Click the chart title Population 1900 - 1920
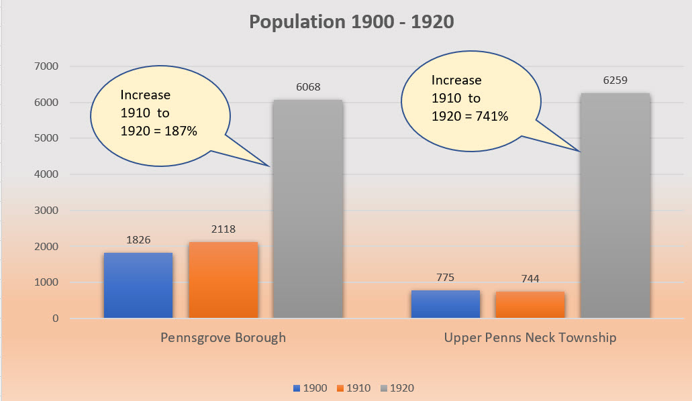[351, 22]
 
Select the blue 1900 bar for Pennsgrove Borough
[138, 286]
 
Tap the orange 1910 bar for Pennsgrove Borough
[224, 280]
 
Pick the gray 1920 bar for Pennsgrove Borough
[308, 209]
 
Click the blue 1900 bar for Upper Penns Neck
[445, 304]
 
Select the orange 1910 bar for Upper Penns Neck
[530, 305]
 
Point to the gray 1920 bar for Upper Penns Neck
[615, 206]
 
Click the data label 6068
[308, 87]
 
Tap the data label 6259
[615, 80]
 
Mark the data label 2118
[224, 229]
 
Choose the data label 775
[445, 277]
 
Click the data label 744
[530, 278]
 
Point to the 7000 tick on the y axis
[46, 66]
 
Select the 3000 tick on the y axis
[46, 211]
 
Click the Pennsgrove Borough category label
[223, 337]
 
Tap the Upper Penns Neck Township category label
[530, 337]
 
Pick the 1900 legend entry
[310, 388]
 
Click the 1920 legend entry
[397, 388]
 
